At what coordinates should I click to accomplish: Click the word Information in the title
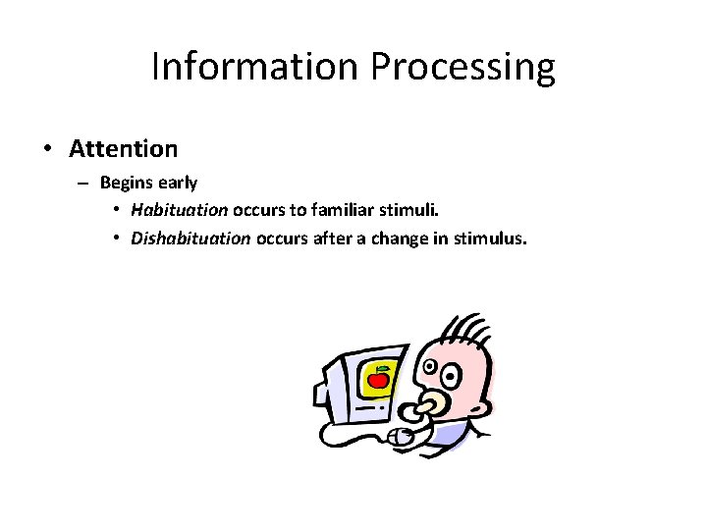256,67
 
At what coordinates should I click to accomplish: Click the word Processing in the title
462,68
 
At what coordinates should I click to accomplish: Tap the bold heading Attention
124,149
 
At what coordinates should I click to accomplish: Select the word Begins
127,184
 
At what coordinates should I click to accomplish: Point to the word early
178,184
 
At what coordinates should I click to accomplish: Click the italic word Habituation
180,210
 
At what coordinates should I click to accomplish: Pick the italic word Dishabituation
191,238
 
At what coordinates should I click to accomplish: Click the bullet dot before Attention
47,150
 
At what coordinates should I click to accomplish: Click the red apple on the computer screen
378,379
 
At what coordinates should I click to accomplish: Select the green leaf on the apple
382,368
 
